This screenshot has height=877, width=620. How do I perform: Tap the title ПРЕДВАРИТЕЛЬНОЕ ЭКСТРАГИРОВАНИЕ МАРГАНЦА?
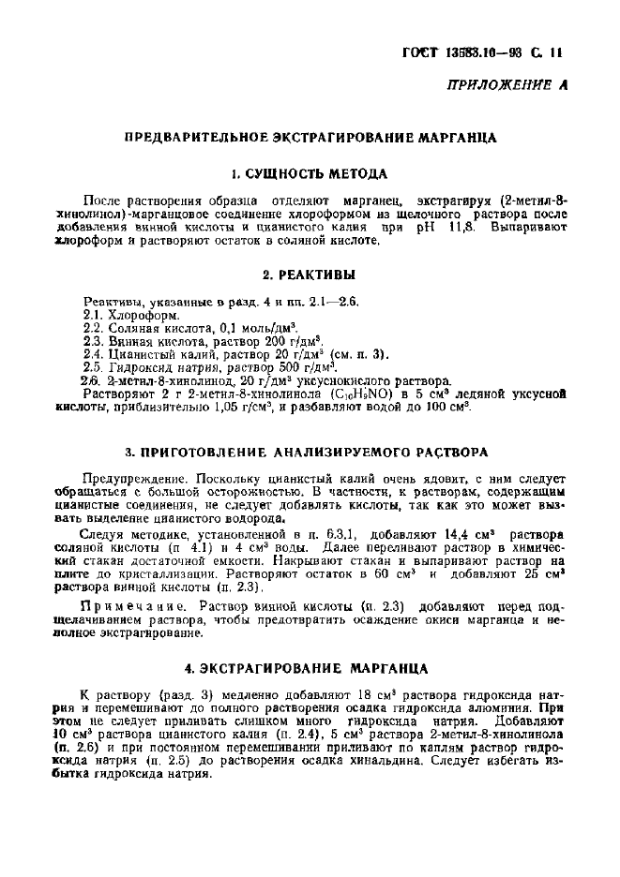310,138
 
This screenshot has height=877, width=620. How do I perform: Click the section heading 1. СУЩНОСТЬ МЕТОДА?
310,173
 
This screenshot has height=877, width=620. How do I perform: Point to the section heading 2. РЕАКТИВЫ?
310,275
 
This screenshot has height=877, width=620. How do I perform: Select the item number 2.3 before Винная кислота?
92,342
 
